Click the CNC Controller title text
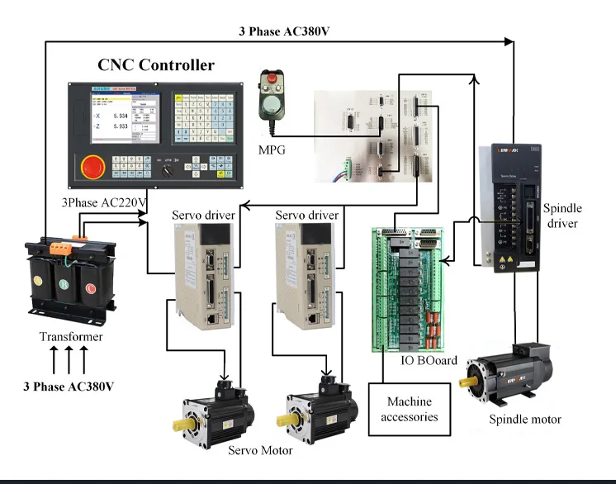point(156,65)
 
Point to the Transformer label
point(71,337)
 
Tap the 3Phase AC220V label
point(103,202)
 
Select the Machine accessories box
point(410,410)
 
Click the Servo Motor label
point(260,451)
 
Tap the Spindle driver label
point(562,216)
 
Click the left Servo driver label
point(203,216)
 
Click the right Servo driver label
point(306,216)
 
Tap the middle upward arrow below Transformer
point(70,360)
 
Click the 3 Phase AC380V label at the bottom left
point(69,387)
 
